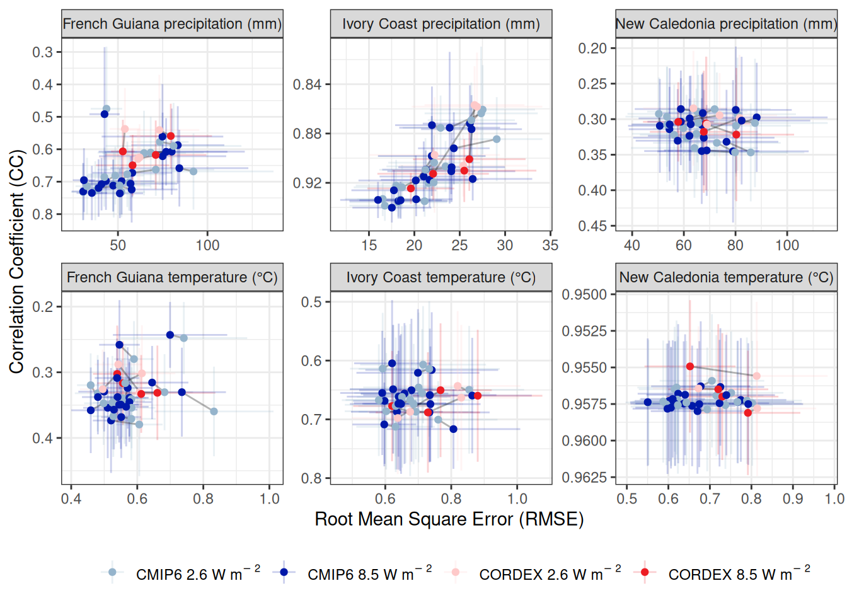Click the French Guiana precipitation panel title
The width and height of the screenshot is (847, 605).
click(x=172, y=24)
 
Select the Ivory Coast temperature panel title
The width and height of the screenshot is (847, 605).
click(x=441, y=277)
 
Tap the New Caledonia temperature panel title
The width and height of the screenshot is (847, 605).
click(x=726, y=277)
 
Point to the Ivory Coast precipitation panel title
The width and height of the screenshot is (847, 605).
click(x=441, y=24)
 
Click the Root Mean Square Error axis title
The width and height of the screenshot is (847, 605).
click(x=449, y=519)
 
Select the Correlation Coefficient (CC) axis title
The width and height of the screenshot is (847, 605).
click(x=16, y=261)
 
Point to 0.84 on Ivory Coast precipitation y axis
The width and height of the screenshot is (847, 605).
click(x=308, y=84)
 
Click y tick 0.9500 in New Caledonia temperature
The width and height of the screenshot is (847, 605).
click(x=584, y=295)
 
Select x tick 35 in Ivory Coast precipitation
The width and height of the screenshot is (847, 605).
click(x=550, y=245)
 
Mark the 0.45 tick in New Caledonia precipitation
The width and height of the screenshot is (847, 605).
click(x=592, y=226)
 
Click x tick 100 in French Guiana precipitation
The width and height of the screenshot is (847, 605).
click(x=207, y=245)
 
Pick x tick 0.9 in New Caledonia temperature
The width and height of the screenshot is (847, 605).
click(x=793, y=498)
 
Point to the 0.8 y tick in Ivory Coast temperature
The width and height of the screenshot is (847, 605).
click(x=311, y=478)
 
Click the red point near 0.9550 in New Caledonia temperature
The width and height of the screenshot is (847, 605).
click(x=690, y=366)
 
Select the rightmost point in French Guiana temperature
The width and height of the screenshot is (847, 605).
click(x=214, y=412)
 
